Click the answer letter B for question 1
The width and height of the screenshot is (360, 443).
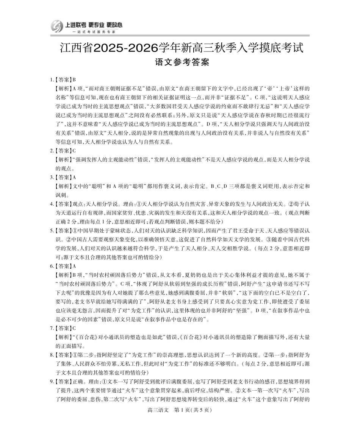point(74,80)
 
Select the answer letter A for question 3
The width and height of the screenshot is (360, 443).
point(74,177)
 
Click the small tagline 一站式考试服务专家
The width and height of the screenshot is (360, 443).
point(88,32)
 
